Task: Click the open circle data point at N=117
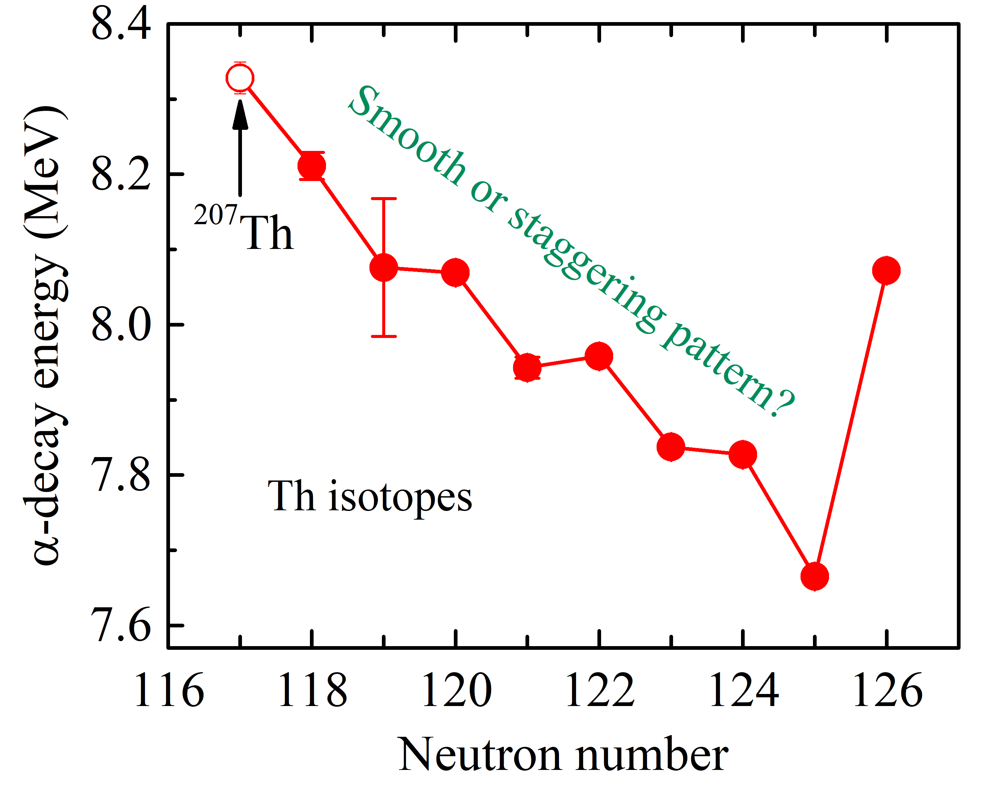[240, 78]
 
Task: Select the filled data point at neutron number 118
[312, 165]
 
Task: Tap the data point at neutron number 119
[384, 268]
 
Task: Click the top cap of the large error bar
[384, 199]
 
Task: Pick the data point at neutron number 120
[455, 272]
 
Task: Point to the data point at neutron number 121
[527, 367]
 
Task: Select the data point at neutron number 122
[599, 356]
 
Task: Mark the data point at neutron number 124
[742, 454]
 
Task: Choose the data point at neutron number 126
[886, 270]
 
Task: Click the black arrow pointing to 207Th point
[240, 147]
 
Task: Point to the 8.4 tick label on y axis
[121, 24]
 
